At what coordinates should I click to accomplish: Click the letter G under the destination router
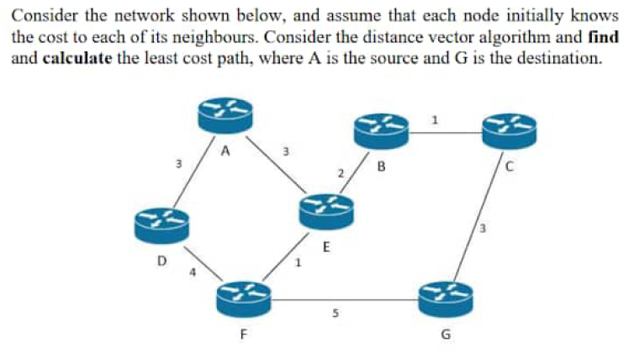pyautogui.click(x=446, y=338)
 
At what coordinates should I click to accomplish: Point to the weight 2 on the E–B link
pyautogui.click(x=341, y=173)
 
